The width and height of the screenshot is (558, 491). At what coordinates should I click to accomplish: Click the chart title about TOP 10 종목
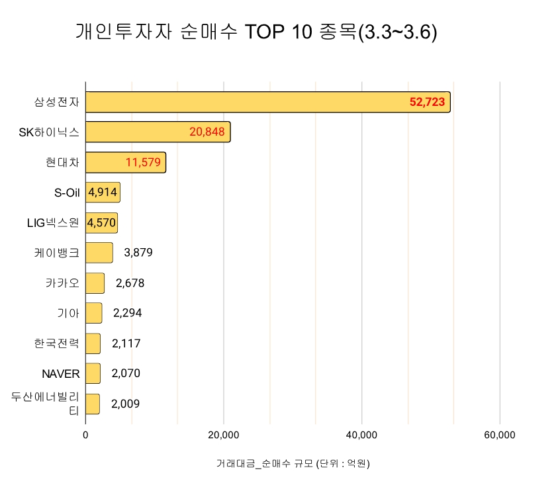tap(256, 32)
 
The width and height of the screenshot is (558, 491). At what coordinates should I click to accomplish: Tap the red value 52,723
tap(427, 103)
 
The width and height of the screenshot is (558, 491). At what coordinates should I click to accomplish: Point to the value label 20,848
tap(207, 132)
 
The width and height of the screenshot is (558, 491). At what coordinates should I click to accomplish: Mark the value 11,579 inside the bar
tap(143, 163)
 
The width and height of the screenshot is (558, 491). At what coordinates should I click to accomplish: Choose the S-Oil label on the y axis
tap(67, 193)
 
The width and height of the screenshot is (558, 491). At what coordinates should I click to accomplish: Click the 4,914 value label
tap(103, 193)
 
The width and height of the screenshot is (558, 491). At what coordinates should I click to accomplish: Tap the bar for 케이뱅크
tap(99, 253)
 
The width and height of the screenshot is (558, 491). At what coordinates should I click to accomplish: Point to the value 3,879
tap(138, 253)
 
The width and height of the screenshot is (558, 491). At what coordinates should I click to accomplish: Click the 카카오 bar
tap(95, 283)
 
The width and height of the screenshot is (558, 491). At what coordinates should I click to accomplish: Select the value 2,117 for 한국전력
tap(126, 343)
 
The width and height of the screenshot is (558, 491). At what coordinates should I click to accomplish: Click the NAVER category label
tap(61, 374)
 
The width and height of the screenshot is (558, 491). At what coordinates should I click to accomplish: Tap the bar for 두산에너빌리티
tap(93, 404)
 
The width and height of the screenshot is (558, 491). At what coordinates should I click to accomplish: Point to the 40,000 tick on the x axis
tap(362, 435)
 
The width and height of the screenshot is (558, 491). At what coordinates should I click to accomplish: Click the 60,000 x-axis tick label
tap(500, 435)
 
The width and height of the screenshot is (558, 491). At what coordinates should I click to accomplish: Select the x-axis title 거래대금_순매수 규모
tap(293, 463)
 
